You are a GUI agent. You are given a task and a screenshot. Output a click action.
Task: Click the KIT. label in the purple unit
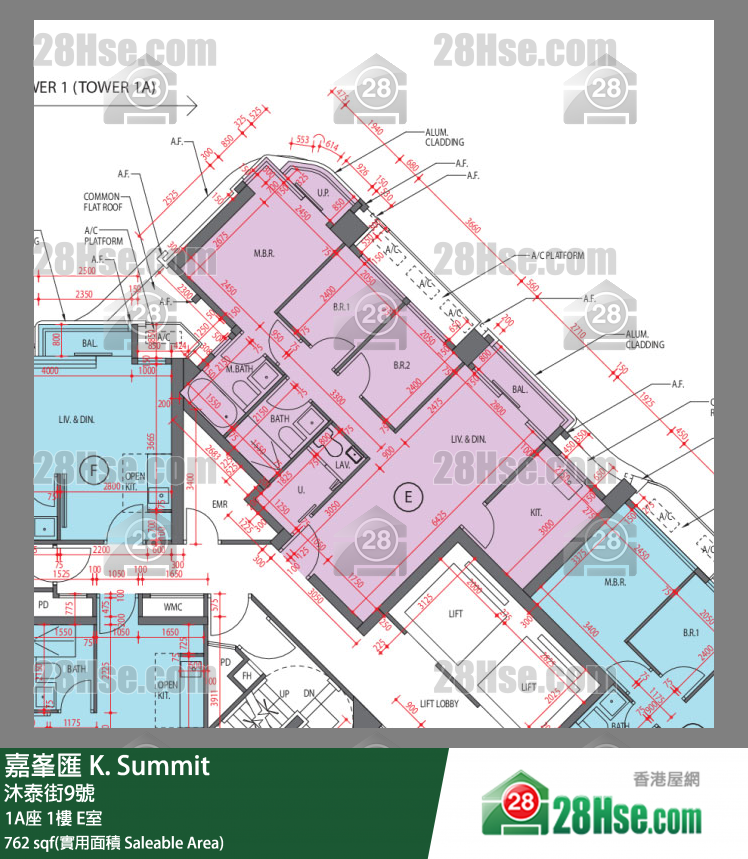[536, 511]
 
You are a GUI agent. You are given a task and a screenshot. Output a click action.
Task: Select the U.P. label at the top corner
[323, 192]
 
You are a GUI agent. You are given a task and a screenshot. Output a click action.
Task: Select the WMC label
[172, 606]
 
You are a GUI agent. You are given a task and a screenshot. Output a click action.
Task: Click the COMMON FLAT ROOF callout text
[102, 202]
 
